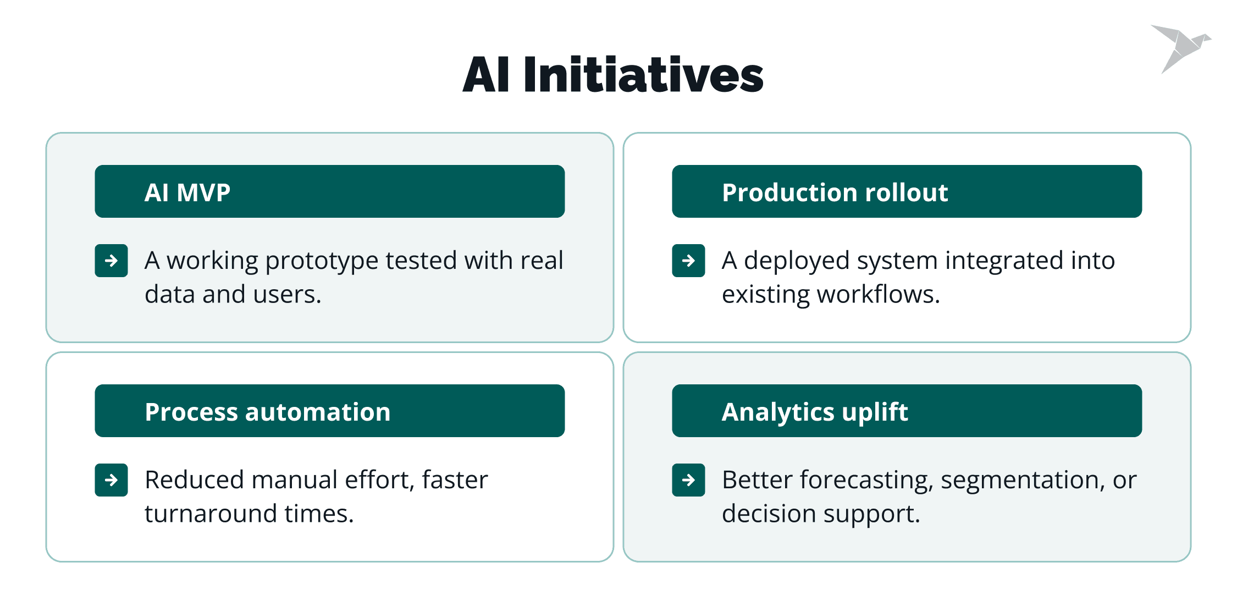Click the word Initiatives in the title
(643, 74)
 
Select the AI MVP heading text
(187, 192)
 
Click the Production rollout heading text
(835, 192)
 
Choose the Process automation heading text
(268, 412)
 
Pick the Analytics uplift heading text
(815, 412)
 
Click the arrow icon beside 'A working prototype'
(111, 261)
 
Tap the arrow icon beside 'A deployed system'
(688, 261)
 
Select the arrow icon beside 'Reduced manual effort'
(111, 480)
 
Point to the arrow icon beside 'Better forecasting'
(688, 480)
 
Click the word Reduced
(194, 479)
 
